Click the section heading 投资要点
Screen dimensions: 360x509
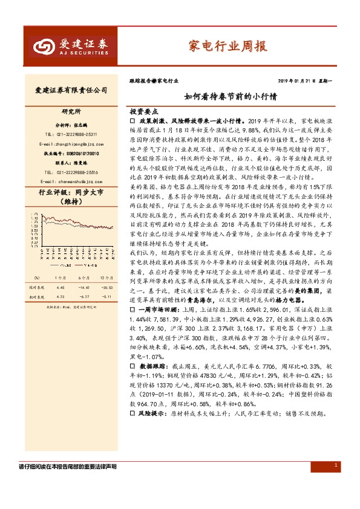pyautogui.click(x=143, y=112)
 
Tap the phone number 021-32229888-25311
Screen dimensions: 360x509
pyautogui.click(x=71, y=134)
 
